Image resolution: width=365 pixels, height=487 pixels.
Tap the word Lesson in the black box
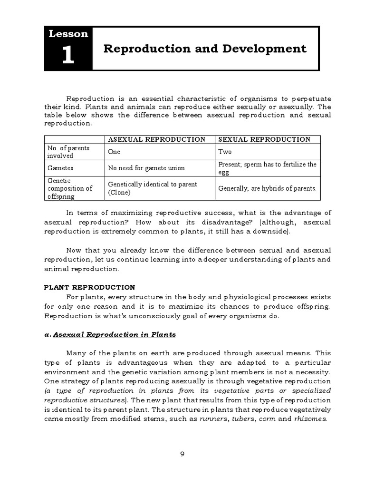click(68, 34)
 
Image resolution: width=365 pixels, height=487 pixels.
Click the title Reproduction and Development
click(205, 49)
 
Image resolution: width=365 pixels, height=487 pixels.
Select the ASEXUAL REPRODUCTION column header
click(157, 139)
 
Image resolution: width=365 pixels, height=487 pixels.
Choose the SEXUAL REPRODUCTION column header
click(264, 139)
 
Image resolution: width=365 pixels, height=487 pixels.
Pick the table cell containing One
click(115, 152)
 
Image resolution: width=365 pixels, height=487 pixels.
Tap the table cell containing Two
click(225, 152)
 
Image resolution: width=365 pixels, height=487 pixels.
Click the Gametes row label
click(60, 168)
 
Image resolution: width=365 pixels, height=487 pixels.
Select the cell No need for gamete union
click(146, 168)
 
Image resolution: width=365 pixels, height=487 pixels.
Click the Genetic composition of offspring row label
click(70, 188)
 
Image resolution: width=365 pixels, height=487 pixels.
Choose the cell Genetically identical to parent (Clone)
click(152, 188)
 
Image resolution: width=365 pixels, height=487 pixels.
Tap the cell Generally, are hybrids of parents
click(267, 188)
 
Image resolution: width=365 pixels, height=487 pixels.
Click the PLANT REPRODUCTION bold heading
click(89, 287)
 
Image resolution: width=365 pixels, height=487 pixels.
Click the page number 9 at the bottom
click(182, 454)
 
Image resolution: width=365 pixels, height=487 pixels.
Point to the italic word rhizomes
click(311, 419)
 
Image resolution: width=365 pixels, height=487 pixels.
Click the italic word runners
click(212, 419)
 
